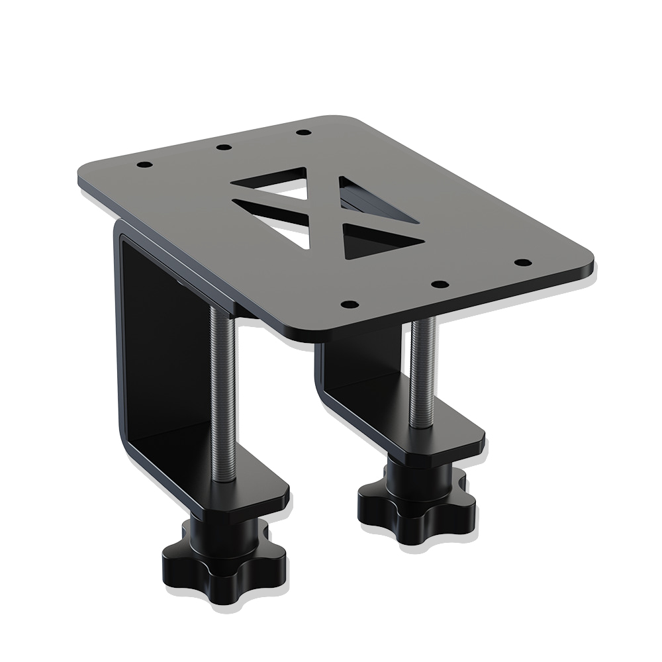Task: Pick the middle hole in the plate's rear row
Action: tap(223, 146)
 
